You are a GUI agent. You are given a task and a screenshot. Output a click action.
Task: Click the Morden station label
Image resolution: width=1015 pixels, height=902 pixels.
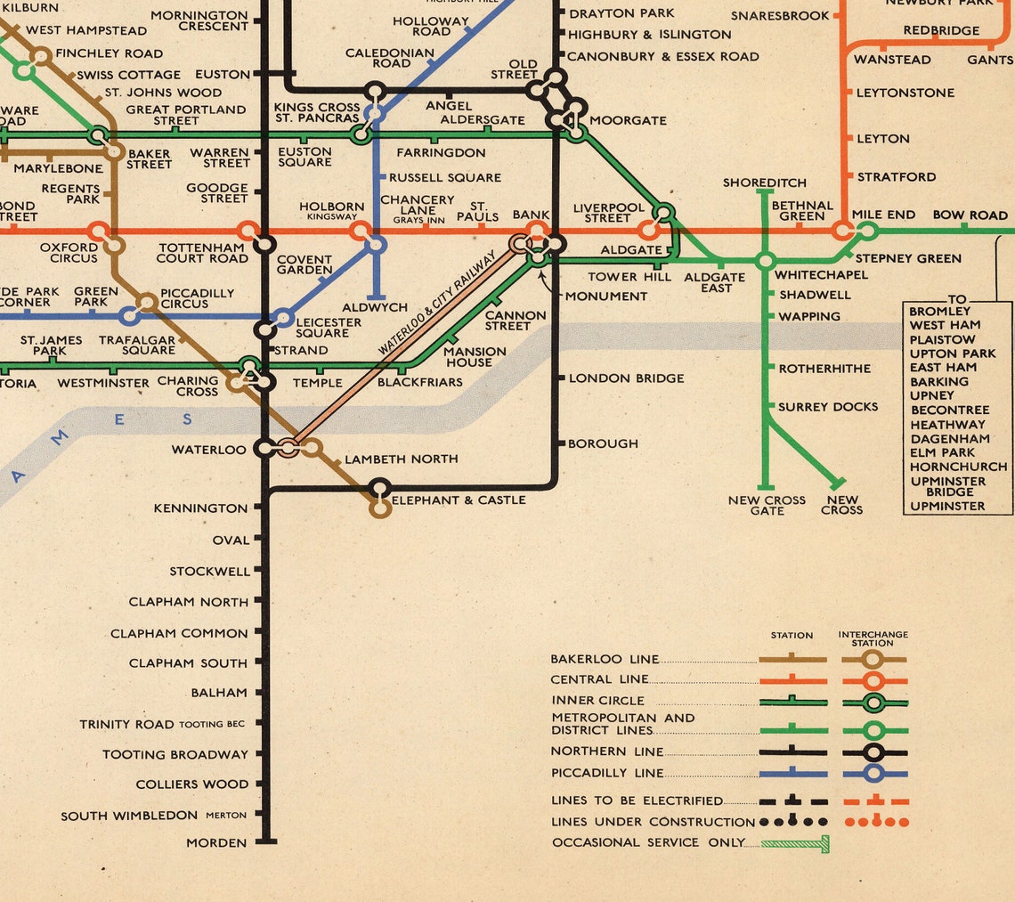click(x=216, y=842)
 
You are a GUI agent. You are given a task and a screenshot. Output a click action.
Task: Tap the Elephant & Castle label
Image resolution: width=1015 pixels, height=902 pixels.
click(x=459, y=500)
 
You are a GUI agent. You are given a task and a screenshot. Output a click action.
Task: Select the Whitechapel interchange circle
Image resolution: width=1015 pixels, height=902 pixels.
click(x=765, y=261)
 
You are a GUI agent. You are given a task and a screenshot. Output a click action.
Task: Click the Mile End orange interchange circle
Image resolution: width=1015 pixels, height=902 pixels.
click(x=842, y=232)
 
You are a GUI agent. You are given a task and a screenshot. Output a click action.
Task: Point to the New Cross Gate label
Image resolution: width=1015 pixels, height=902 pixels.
click(x=767, y=505)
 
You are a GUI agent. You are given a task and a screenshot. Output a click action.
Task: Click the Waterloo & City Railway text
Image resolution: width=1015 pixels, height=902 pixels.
click(x=437, y=304)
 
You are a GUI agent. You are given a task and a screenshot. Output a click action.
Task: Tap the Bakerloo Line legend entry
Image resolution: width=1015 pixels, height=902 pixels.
click(x=605, y=659)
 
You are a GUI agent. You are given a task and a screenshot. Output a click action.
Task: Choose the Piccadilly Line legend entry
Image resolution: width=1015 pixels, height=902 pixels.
click(x=607, y=773)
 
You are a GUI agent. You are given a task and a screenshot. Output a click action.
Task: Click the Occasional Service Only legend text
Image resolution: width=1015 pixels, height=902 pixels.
click(x=648, y=842)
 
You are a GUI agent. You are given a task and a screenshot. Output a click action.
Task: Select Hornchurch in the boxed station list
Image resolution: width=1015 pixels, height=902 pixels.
click(x=958, y=467)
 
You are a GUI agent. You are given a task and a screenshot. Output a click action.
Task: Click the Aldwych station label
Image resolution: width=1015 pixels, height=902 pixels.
click(x=375, y=307)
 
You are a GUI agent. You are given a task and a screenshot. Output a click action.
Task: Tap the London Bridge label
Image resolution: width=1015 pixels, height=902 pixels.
click(x=626, y=378)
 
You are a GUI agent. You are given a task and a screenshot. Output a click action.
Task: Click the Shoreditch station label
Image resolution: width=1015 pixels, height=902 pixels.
click(x=764, y=183)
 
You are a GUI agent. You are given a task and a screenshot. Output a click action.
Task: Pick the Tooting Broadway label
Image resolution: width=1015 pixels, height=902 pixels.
click(x=175, y=754)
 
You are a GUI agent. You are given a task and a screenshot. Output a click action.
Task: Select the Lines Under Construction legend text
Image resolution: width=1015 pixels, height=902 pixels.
click(x=653, y=822)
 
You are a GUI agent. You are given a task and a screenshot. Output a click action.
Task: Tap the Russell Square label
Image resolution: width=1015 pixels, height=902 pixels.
click(x=445, y=177)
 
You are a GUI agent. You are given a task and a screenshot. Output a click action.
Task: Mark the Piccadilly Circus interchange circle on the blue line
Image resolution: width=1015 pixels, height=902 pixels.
click(x=130, y=315)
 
